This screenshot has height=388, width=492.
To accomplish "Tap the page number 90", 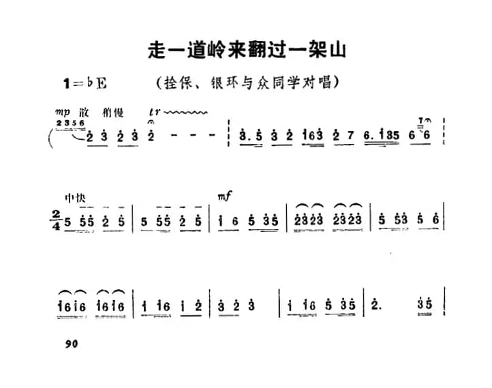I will point(74,344).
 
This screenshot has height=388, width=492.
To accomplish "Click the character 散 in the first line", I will point(84,112).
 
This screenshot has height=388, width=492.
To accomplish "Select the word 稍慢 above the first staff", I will point(110,112).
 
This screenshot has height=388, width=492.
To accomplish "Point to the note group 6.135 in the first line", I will point(380,136).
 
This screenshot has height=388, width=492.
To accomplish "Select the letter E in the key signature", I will point(102,84).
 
